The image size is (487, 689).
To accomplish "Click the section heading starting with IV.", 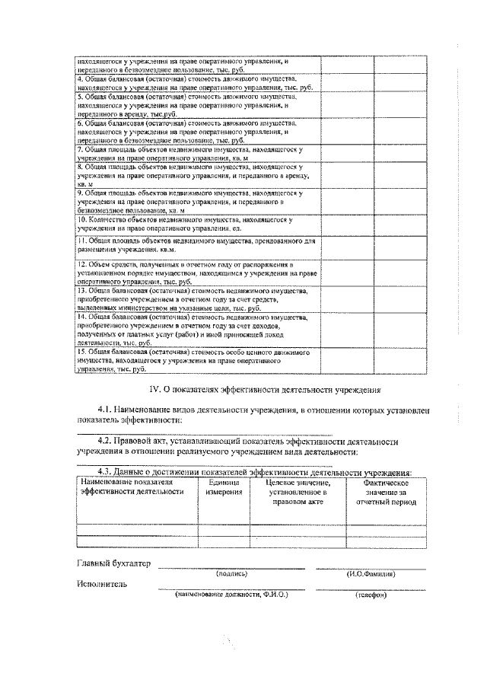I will point(264,389).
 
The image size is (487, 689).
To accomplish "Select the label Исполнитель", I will point(103,585).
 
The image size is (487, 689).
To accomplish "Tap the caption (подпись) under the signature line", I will point(231,573).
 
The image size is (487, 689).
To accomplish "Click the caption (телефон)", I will point(371,595).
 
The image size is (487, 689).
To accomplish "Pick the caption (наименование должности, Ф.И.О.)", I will point(231,594).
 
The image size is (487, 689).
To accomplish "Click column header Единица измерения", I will point(224,487).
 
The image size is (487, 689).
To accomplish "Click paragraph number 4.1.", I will point(107,410).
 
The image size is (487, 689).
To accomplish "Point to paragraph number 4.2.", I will point(107,441).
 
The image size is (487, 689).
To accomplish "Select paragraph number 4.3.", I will point(107,473).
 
